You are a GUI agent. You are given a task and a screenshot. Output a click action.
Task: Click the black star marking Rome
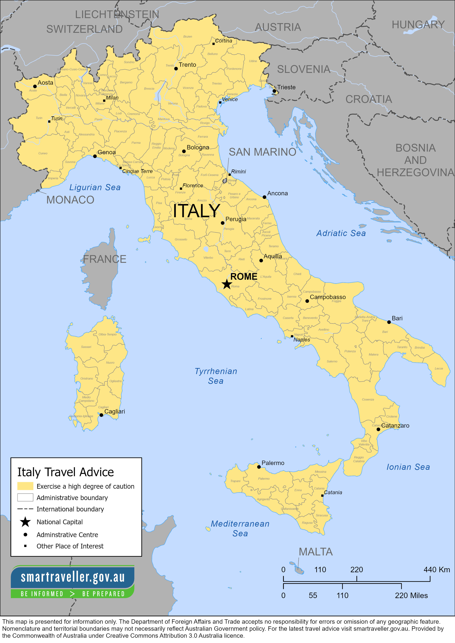tap(227, 284)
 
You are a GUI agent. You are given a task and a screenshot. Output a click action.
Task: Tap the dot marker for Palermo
tap(259, 467)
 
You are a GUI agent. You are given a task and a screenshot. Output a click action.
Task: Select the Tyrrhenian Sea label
tap(216, 376)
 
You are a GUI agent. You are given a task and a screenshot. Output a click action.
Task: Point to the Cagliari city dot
tap(101, 415)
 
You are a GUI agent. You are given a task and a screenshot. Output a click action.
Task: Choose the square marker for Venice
tap(220, 102)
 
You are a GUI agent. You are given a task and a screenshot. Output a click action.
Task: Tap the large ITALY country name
tap(196, 211)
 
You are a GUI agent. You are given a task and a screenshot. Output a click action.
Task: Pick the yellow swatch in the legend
tap(25, 486)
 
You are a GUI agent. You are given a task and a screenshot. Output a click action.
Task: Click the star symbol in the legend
tap(25, 522)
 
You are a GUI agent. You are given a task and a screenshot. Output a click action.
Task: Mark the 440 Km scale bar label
tap(436, 570)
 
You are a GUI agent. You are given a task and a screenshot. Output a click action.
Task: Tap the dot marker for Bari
tap(389, 322)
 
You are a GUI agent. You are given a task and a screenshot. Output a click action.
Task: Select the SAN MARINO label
tap(262, 152)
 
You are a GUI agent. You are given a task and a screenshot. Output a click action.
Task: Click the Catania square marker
tap(322, 495)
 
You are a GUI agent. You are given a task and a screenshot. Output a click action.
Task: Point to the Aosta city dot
tap(35, 87)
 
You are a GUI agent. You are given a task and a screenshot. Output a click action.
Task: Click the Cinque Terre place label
tap(137, 171)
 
